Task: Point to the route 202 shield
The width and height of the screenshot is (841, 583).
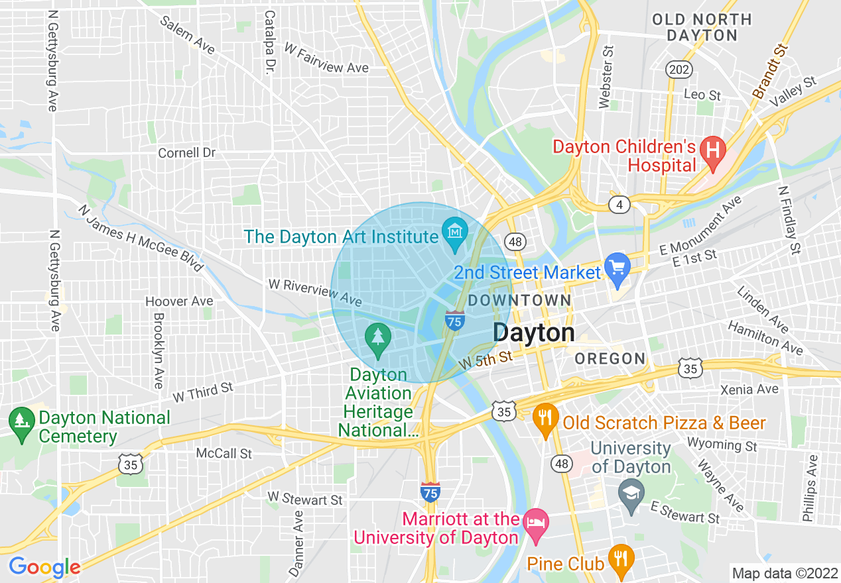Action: (680, 70)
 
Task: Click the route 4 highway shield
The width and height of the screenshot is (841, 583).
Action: (619, 205)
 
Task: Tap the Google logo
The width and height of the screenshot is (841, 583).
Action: (44, 567)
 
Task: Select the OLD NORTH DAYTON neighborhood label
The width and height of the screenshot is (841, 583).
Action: (702, 27)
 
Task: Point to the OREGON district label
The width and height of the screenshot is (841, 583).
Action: (610, 359)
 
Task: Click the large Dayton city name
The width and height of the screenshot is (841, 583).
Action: (534, 333)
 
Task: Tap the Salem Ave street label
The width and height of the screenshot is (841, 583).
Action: (188, 35)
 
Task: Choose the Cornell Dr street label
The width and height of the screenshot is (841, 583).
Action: (187, 153)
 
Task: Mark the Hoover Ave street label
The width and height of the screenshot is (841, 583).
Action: (179, 301)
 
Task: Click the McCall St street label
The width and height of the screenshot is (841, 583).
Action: (224, 454)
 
